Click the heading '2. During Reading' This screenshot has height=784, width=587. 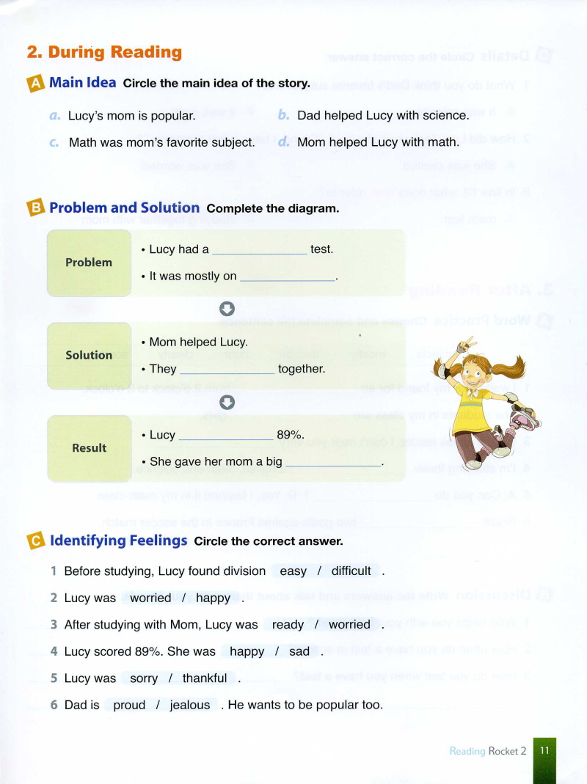(x=104, y=52)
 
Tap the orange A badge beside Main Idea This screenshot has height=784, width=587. (x=36, y=84)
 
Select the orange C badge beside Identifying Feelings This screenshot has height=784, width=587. (x=36, y=541)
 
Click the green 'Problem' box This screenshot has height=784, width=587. (x=89, y=263)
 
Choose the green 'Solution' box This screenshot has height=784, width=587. (x=89, y=355)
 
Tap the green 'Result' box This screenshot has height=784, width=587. (x=89, y=448)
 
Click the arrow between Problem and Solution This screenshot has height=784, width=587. (x=227, y=309)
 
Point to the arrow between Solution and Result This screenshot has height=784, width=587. (x=227, y=401)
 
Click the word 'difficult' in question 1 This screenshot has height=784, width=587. (x=351, y=571)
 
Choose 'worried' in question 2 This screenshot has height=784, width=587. (x=150, y=598)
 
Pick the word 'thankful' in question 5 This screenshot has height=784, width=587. (x=205, y=678)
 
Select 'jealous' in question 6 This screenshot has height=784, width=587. (x=190, y=705)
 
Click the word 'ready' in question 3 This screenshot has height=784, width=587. (x=288, y=625)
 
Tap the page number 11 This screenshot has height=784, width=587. (x=544, y=750)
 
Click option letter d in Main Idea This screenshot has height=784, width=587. (x=284, y=142)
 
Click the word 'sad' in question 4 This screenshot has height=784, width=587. (x=299, y=651)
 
